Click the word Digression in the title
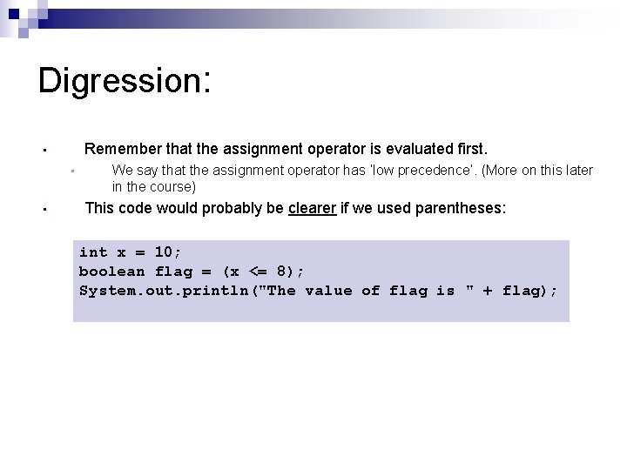[x=118, y=81]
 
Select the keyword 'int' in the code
[x=93, y=252]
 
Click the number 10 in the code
[x=164, y=252]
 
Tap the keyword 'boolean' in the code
[x=111, y=272]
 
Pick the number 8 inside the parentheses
[x=290, y=272]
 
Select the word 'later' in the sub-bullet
[x=576, y=171]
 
